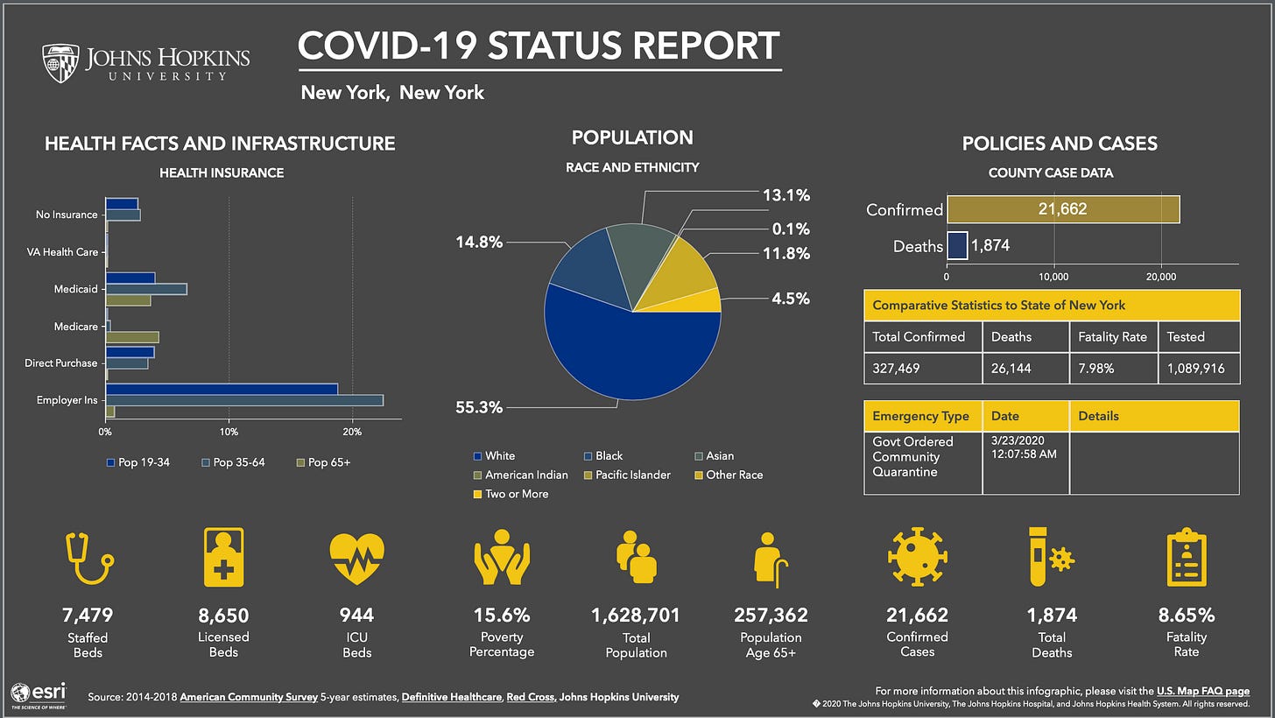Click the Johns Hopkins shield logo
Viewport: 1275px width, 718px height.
60,63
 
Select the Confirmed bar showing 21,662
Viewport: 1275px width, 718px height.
1063,209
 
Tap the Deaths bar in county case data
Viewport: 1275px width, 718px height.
957,246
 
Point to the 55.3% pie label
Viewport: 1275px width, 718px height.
479,407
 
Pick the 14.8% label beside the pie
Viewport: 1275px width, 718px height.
479,242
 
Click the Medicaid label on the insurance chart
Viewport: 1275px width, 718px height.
74,289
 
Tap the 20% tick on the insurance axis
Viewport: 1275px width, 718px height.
352,432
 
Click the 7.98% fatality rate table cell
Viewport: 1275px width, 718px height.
1113,369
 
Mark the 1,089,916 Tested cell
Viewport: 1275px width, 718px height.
1199,369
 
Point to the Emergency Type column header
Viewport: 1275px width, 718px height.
921,416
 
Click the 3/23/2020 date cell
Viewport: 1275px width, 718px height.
1025,448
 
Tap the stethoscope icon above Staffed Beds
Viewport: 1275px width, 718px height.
89,557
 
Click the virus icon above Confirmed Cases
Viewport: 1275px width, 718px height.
917,557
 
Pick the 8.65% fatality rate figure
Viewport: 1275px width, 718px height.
1187,615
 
